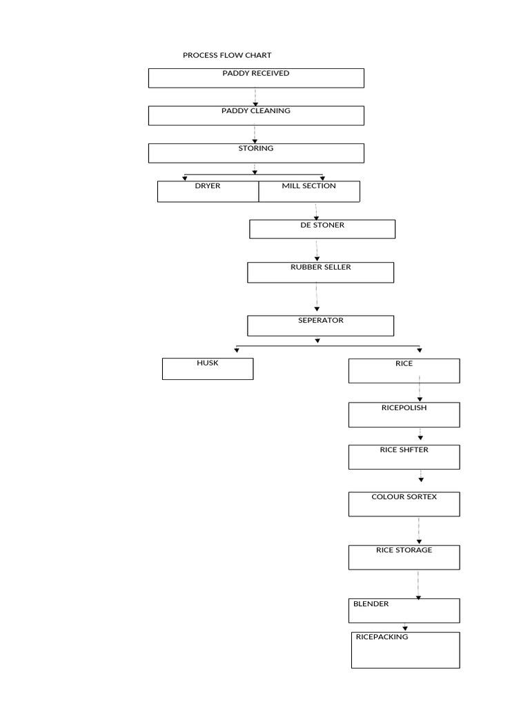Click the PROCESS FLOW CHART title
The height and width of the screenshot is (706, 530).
point(226,55)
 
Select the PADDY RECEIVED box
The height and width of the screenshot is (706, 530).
point(256,79)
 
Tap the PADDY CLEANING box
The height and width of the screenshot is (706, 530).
point(256,116)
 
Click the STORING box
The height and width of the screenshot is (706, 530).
point(256,153)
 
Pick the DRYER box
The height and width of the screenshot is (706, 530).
point(208,192)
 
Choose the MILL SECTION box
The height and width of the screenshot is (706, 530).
point(309,192)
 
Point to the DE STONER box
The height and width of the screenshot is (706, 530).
point(322,229)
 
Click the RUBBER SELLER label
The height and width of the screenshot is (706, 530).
point(320,267)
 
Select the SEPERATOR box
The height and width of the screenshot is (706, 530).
point(320,326)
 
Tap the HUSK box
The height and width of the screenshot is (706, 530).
point(208,369)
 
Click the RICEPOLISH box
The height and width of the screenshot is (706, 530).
point(404,414)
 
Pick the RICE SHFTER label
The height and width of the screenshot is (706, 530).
point(404,450)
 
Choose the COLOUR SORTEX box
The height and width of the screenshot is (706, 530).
point(404,504)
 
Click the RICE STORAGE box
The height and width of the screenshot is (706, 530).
point(404,557)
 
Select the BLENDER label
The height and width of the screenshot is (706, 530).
point(371,604)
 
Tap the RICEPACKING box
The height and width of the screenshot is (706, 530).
point(406,650)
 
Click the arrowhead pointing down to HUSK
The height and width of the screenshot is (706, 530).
point(237,350)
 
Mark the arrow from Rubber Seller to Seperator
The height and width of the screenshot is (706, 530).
point(317,297)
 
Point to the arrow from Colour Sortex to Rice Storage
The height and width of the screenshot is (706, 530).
point(419,530)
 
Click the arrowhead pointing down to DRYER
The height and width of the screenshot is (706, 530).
point(185,179)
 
